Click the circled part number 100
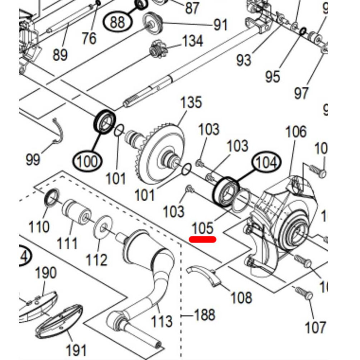pyautogui.click(x=87, y=162)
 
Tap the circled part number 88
pyautogui.click(x=118, y=22)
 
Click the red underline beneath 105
pyautogui.click(x=203, y=239)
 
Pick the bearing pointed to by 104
pyautogui.click(x=226, y=192)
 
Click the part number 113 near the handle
pyautogui.click(x=162, y=321)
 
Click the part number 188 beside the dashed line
pyautogui.click(x=205, y=315)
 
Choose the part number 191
pyautogui.click(x=76, y=349)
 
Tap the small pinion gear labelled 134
pyautogui.click(x=157, y=49)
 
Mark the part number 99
pyautogui.click(x=33, y=159)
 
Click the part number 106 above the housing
pyautogui.click(x=296, y=132)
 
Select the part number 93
pyautogui.click(x=244, y=60)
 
